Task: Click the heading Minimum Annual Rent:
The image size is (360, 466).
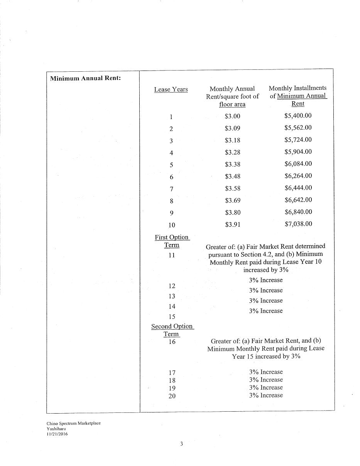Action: point(85,78)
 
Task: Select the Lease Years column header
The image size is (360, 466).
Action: point(171,89)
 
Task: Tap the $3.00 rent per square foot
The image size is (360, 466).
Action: point(232,116)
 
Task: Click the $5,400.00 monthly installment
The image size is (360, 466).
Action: point(298,116)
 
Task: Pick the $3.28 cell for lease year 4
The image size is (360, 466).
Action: point(232,152)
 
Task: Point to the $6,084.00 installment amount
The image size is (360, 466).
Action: point(298,164)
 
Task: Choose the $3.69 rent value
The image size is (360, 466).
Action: point(232,200)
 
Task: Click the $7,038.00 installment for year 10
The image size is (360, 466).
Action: point(298,224)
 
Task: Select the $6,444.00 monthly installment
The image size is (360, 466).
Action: point(298,188)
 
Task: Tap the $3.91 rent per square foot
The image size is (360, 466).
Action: point(232,224)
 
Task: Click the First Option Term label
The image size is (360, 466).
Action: point(172,241)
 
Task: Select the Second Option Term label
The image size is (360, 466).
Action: point(172,330)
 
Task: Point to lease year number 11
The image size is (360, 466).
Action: point(172,255)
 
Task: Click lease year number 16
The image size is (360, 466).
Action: point(172,342)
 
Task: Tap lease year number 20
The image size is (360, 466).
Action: point(172,396)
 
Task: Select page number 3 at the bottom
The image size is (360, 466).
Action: point(181,444)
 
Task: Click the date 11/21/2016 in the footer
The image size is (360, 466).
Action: point(57,434)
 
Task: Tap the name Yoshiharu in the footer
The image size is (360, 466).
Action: point(56,428)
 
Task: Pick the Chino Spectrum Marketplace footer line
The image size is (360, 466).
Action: point(73,423)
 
